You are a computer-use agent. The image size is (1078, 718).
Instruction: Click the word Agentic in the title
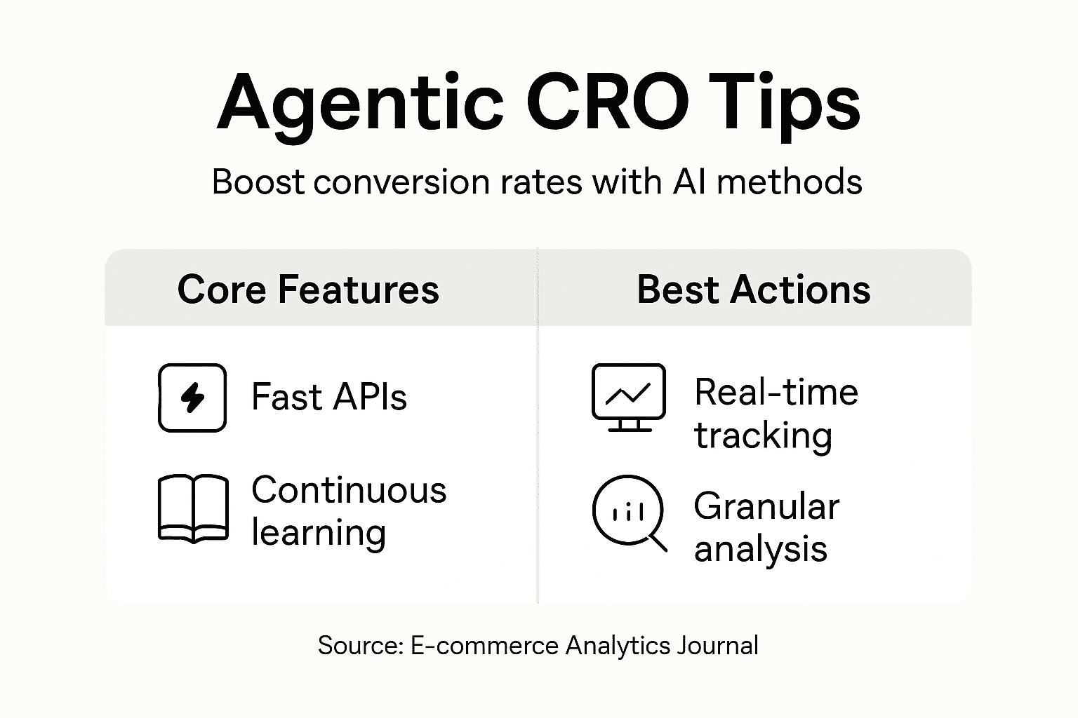point(360,105)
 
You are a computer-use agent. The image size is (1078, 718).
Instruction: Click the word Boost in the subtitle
point(258,182)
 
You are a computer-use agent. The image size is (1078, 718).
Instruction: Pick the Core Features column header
point(308,289)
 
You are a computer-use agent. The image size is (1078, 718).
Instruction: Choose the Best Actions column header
point(753,289)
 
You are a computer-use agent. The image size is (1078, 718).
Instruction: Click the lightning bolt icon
point(192,398)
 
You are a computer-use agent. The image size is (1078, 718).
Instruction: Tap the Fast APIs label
point(328,398)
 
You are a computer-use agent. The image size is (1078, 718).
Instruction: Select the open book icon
point(193,510)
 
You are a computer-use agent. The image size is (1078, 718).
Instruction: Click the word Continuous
point(349,489)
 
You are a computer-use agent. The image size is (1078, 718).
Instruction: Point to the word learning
point(319,534)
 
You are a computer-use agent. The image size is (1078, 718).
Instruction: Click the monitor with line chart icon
point(628,397)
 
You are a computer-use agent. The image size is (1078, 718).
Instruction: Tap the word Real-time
point(776,392)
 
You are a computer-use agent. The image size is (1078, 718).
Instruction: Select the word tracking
point(763,436)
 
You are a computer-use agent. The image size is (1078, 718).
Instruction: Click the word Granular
point(766,506)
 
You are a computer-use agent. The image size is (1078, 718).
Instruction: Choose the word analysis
point(761,549)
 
